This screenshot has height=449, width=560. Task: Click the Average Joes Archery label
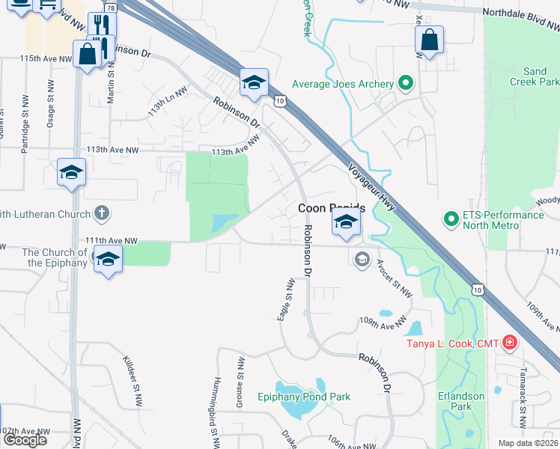(341, 83)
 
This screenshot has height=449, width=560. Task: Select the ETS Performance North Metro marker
(451, 219)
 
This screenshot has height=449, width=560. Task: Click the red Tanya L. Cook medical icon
(510, 343)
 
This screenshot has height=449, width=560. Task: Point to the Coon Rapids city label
(331, 209)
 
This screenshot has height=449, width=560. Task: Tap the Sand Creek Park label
(535, 76)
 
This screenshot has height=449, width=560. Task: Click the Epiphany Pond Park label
(304, 397)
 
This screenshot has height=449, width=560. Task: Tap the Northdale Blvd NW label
(520, 13)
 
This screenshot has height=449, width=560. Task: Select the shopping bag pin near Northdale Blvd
(429, 41)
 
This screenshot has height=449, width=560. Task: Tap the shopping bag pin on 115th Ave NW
(87, 54)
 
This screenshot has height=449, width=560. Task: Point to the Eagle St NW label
(285, 300)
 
